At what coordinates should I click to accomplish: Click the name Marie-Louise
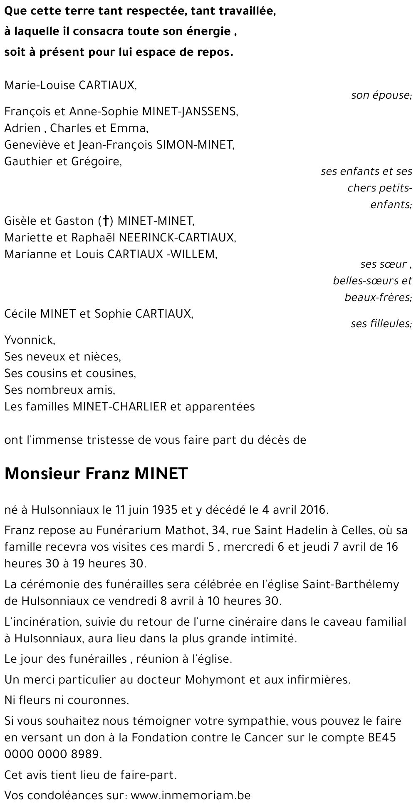coord(34,85)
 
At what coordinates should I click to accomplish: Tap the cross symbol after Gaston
coord(106,221)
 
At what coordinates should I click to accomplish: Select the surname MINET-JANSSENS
coord(190,112)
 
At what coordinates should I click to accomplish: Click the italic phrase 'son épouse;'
coord(381,95)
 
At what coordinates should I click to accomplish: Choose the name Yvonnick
coord(29,340)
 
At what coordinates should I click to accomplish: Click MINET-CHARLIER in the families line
coord(120,406)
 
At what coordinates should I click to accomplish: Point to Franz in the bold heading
coord(109,474)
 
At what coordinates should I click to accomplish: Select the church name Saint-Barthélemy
coord(346,584)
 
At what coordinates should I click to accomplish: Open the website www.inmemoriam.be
coord(191,796)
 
